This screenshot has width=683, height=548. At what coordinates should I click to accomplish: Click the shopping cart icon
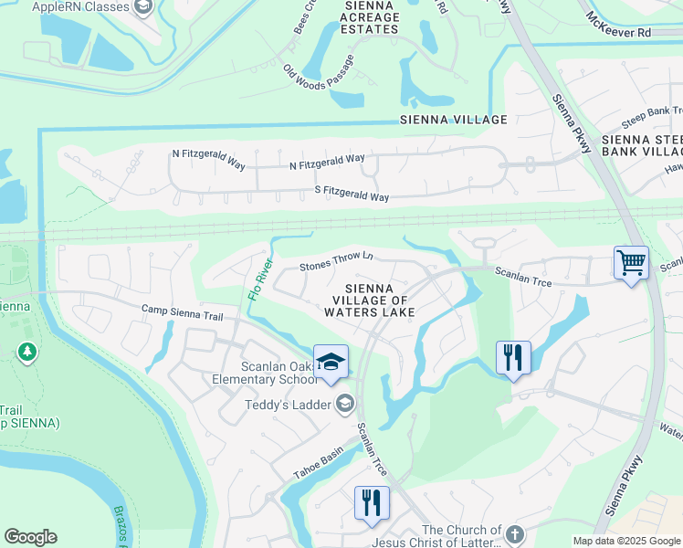tap(631, 263)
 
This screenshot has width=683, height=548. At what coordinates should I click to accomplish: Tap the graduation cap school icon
tap(331, 361)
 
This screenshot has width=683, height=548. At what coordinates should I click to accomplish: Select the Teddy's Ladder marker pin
tap(345, 403)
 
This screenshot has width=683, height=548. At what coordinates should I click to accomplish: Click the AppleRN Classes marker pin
tap(142, 7)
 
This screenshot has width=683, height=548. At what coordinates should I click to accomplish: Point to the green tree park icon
tap(27, 351)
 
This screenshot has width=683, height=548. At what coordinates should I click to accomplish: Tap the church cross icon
tap(514, 534)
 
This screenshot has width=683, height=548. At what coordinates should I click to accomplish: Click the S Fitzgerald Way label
tap(352, 196)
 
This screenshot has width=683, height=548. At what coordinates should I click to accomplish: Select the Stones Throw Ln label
tap(336, 261)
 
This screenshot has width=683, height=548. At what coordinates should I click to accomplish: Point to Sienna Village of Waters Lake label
tap(369, 300)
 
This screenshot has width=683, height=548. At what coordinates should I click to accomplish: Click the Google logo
tap(30, 537)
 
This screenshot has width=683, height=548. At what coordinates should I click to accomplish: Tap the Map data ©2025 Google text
tap(625, 541)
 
